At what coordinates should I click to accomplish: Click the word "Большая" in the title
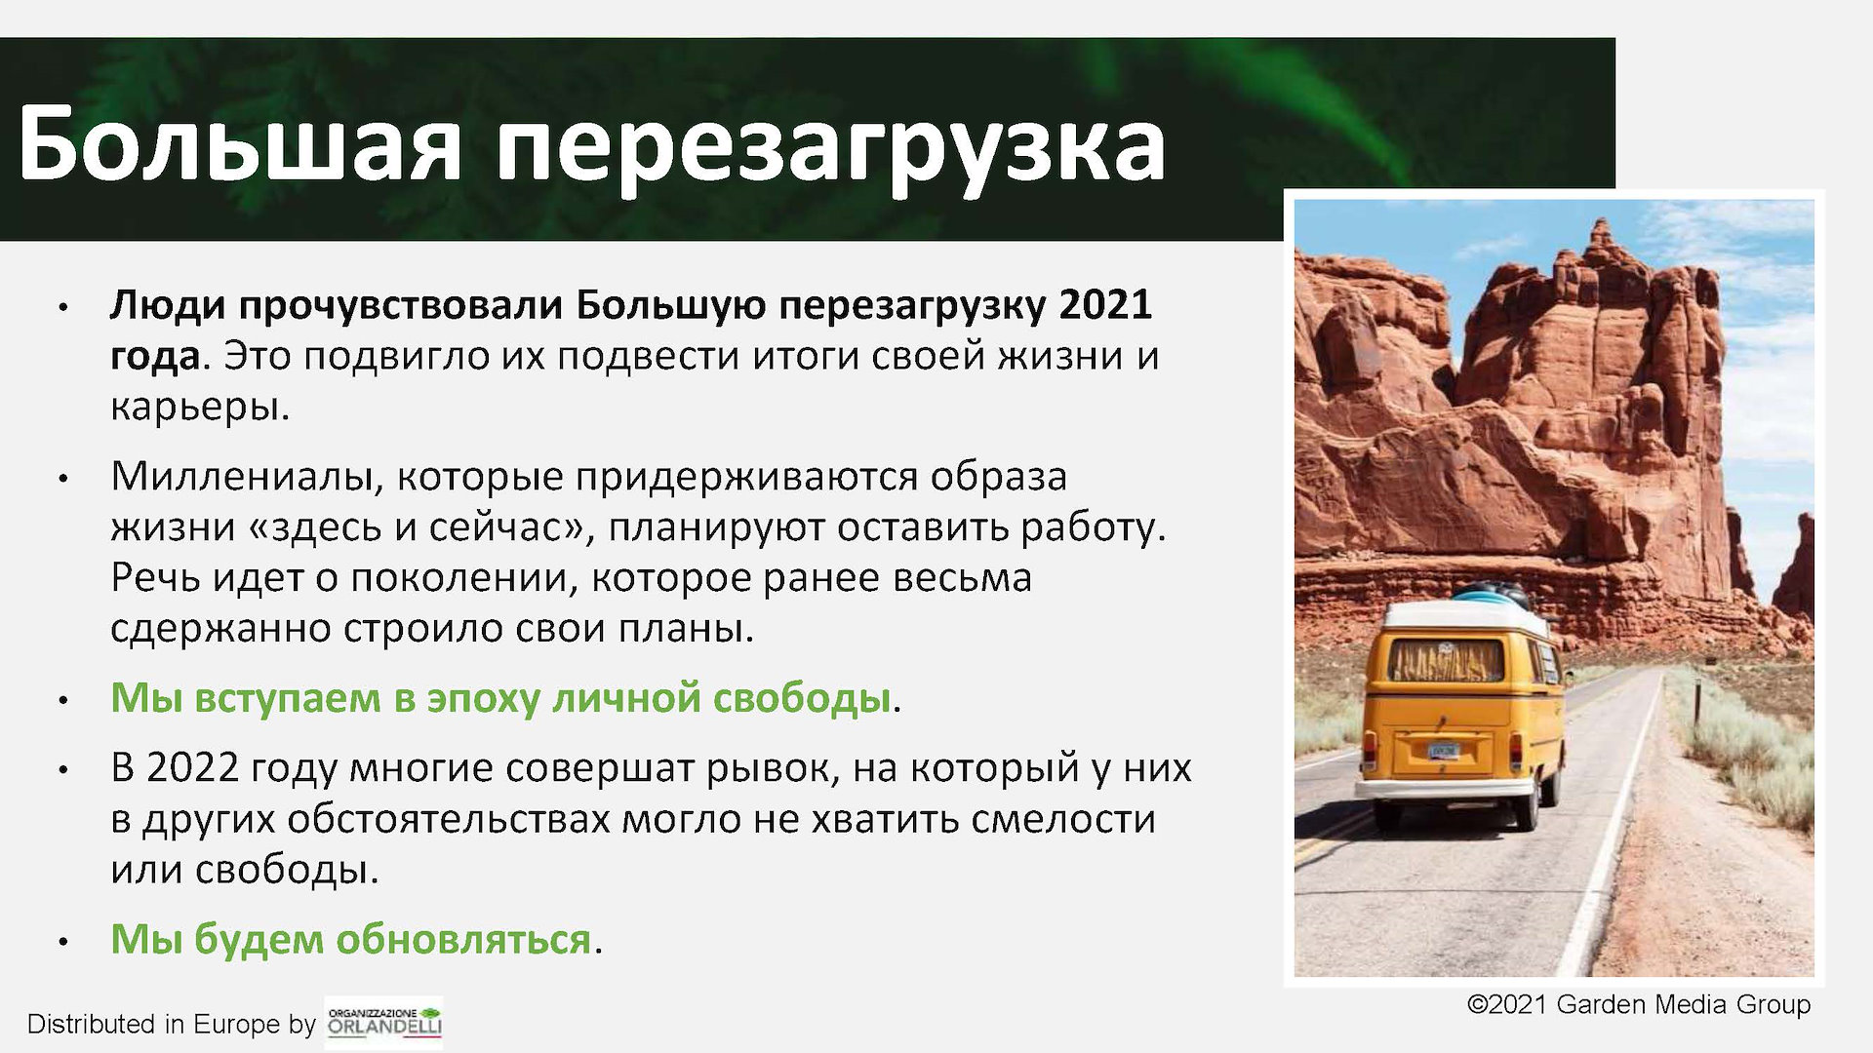point(239,144)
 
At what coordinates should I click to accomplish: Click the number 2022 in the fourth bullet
point(191,768)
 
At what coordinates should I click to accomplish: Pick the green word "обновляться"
point(463,938)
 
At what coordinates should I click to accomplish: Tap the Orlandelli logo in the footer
point(384,1023)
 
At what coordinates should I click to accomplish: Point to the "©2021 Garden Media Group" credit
point(1639,1004)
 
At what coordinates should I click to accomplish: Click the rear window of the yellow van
point(1446,660)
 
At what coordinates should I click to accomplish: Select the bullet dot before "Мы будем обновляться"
point(63,942)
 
